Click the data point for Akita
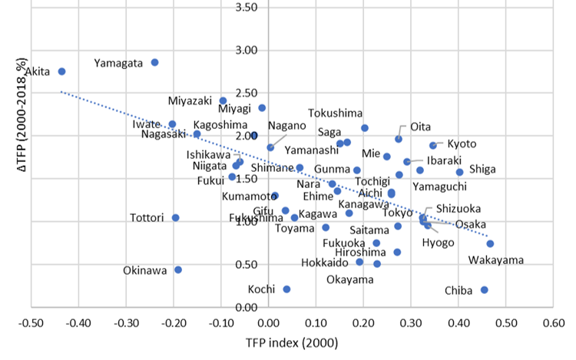coord(62,71)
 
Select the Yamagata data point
coord(154,62)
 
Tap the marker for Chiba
coord(485,289)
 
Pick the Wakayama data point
coord(490,243)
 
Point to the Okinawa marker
coord(178,269)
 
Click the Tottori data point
coord(176,217)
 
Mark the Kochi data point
coord(286,289)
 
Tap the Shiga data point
coord(460,172)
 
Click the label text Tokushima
coord(336,113)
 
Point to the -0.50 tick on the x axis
coord(31,322)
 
